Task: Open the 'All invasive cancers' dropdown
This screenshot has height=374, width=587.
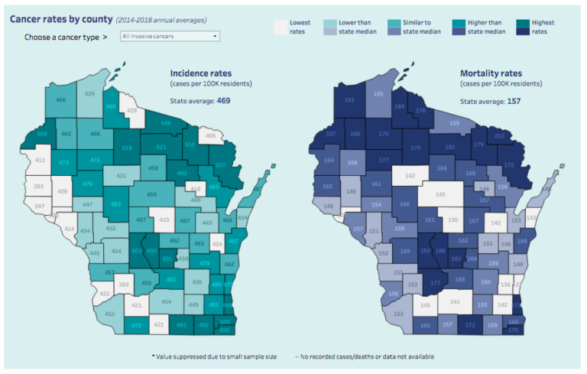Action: point(170,36)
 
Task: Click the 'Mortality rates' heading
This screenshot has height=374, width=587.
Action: point(489,73)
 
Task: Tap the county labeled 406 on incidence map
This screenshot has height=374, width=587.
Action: point(211,136)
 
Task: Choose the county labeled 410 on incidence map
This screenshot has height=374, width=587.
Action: point(162,220)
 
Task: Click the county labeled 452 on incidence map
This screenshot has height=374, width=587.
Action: point(109,314)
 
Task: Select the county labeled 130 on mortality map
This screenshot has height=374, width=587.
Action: point(452,220)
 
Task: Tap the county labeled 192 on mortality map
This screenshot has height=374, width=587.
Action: point(425,250)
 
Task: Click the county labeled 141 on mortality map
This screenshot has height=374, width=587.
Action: point(455,302)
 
